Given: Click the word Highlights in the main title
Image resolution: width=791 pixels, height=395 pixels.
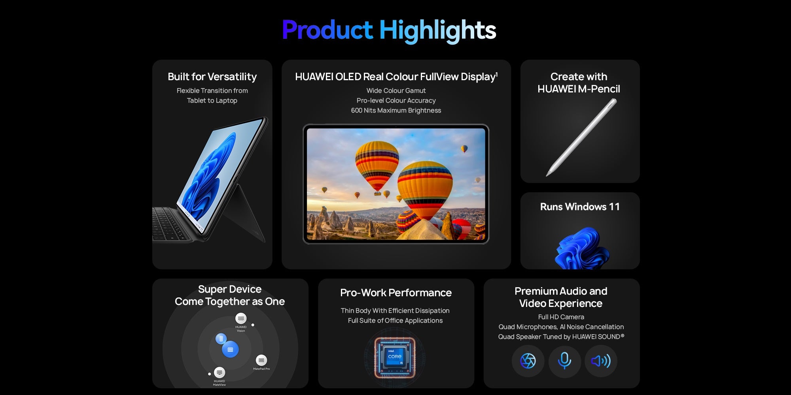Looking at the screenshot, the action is (x=437, y=30).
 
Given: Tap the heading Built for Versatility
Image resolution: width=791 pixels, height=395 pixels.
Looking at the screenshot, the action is (x=212, y=77).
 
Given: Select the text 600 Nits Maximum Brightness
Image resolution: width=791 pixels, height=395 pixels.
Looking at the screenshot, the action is (x=396, y=111).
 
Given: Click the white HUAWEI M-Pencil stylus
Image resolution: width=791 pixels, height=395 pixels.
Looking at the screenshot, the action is (x=581, y=137).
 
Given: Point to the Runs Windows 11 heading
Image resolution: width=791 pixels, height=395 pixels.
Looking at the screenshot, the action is (x=580, y=207).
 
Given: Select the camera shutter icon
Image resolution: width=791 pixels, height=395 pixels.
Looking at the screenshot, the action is (x=528, y=361).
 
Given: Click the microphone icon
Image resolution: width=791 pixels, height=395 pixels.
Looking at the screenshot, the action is (x=564, y=361).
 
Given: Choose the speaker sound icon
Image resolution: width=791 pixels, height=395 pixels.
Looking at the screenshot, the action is (x=601, y=361).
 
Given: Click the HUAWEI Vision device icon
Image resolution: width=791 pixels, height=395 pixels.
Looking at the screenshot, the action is (x=241, y=318).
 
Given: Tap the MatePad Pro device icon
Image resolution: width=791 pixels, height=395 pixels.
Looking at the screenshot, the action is (x=261, y=360).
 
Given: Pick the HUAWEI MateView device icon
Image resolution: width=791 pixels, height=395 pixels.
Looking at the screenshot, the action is (x=220, y=372).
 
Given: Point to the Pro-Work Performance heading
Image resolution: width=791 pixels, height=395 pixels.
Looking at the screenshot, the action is (x=396, y=293).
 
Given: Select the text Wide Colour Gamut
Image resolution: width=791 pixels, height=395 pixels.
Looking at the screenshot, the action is (x=396, y=90).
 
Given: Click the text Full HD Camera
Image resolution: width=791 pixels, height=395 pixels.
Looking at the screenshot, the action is (x=561, y=317).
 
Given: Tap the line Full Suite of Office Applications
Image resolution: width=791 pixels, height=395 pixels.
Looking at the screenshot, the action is (x=395, y=321).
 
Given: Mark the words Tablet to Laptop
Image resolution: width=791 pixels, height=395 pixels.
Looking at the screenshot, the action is (x=212, y=101).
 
